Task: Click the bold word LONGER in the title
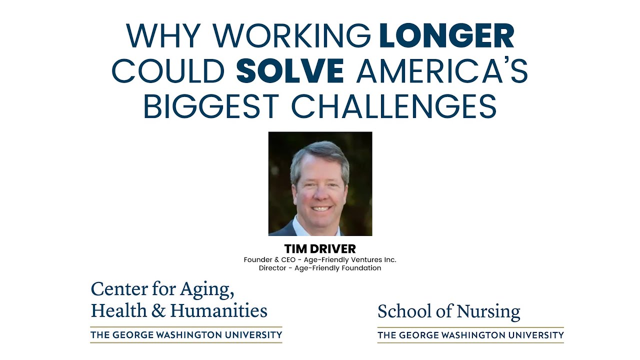tap(446, 36)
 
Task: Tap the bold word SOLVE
tap(290, 71)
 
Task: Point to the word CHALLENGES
tap(394, 106)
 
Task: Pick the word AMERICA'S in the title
tap(442, 71)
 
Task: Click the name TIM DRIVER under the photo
tap(320, 248)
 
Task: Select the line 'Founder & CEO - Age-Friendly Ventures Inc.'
tap(320, 259)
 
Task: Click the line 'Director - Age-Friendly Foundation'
tap(320, 268)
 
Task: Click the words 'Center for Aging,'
tap(162, 289)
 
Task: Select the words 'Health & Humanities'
tap(179, 311)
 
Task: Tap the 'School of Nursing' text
tap(448, 311)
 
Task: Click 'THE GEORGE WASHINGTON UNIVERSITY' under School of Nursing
tap(470, 335)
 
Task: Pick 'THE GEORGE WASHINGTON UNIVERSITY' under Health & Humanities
tap(186, 334)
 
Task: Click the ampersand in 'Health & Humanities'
tap(158, 311)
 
